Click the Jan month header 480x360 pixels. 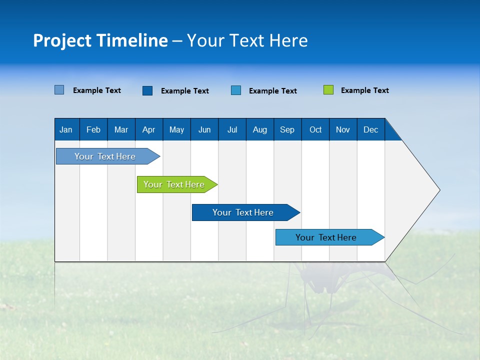click(x=66, y=129)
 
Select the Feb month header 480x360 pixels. click(x=93, y=129)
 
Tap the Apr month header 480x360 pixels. click(x=148, y=129)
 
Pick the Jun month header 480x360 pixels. click(x=204, y=129)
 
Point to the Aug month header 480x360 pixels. click(x=259, y=129)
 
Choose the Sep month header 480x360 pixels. click(x=287, y=129)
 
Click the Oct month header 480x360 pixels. click(x=315, y=129)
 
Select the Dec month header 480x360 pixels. click(x=370, y=129)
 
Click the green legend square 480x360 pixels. click(x=328, y=90)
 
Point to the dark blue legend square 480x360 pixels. click(x=147, y=90)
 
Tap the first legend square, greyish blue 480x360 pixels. click(x=59, y=90)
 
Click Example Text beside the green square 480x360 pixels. click(x=364, y=90)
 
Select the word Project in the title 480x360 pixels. click(x=61, y=40)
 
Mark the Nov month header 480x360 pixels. click(x=343, y=129)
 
